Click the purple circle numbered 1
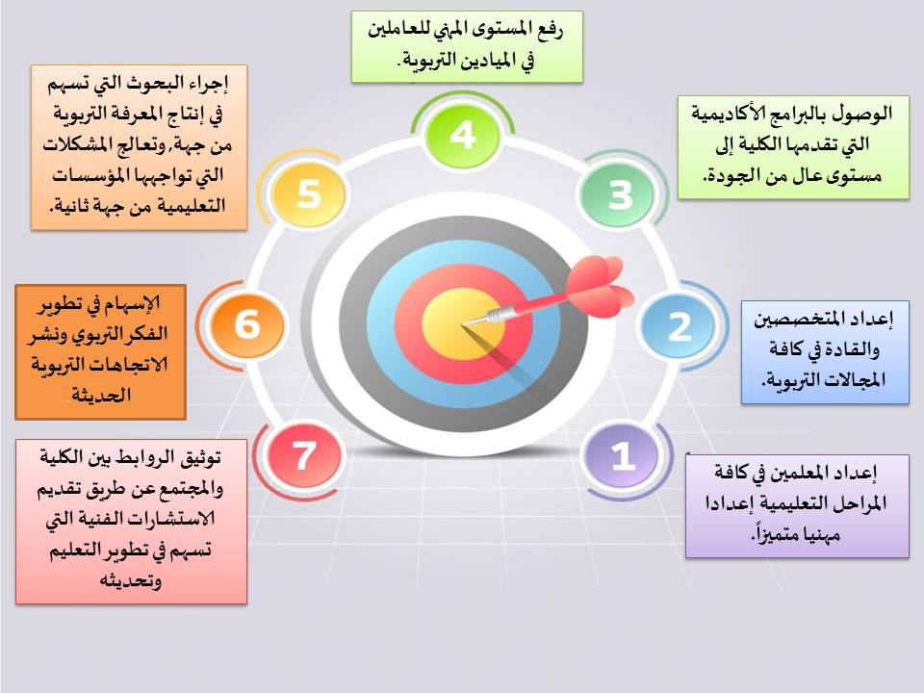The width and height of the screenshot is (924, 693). [x=622, y=455]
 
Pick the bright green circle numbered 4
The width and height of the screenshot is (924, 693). [x=463, y=135]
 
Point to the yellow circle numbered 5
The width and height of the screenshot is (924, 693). [x=308, y=193]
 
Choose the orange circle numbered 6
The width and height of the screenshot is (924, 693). [x=248, y=324]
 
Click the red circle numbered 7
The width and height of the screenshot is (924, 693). [x=303, y=455]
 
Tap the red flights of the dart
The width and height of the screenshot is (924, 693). [x=598, y=287]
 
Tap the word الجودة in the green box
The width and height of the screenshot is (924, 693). [x=730, y=175]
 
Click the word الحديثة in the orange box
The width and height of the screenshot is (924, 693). [x=101, y=395]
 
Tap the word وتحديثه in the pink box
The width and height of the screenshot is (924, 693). [x=130, y=581]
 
